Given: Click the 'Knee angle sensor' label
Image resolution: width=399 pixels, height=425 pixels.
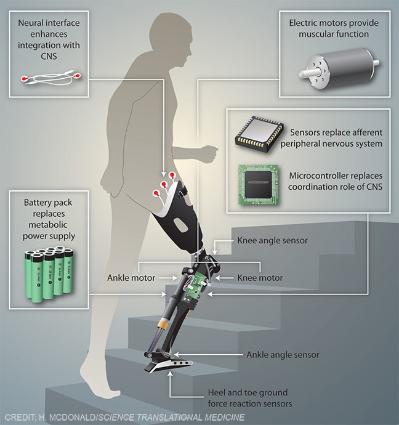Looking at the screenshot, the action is coord(272,241).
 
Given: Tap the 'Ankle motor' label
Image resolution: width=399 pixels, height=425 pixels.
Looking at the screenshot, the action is coord(131,278).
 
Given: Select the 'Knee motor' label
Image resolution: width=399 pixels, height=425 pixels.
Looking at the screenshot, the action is coord(260,278).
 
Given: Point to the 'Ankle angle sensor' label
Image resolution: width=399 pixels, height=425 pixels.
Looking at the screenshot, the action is coord(283,355).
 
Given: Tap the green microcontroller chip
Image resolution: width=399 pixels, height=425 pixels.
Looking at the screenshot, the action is coord(258,185).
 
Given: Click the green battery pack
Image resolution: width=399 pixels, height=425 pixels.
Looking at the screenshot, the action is coord(49,273).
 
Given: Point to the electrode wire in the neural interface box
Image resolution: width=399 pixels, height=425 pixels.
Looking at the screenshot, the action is coord(50,78).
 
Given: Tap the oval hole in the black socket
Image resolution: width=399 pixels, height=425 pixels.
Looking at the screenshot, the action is coord(180,225).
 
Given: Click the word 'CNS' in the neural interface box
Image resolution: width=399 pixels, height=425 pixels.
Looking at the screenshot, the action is coord(49,56).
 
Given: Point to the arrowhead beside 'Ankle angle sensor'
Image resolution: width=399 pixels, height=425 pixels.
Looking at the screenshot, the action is coord(176,355).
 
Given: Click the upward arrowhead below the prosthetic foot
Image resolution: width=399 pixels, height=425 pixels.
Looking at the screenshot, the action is coord(170,374).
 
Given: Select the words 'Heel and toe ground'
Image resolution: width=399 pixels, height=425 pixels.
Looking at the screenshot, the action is coord(248,392).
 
